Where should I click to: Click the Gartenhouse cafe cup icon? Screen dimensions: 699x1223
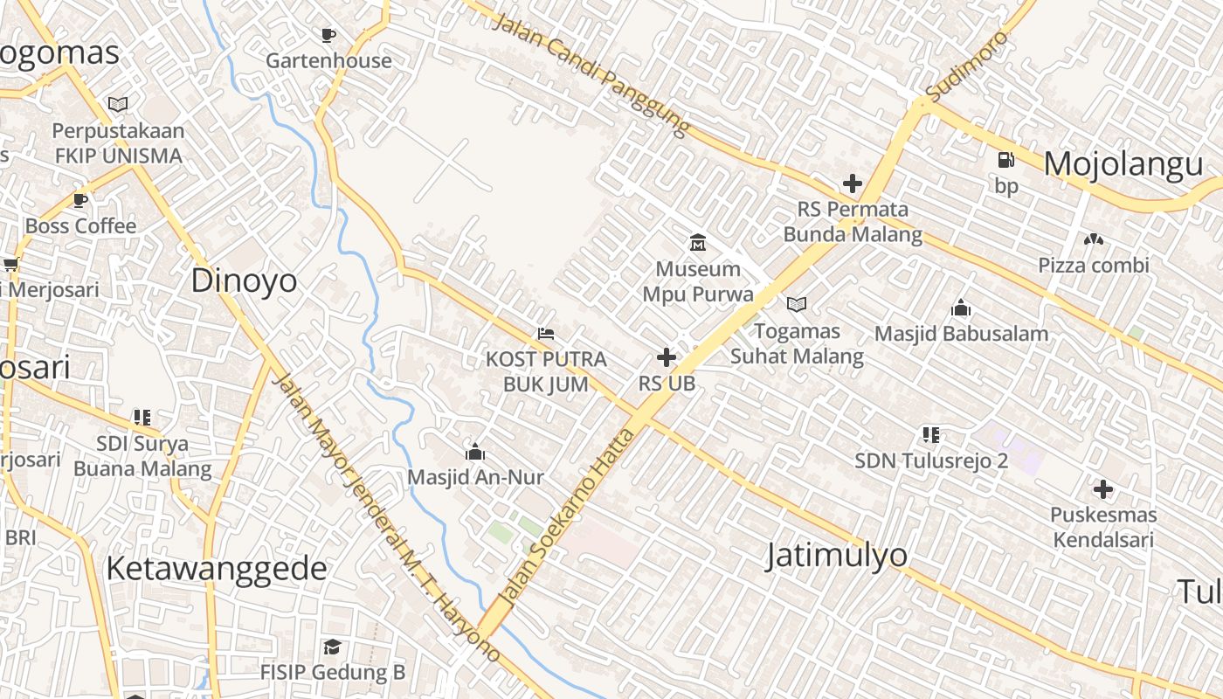pos(328,35)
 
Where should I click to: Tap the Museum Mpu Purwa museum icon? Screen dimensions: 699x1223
pos(698,242)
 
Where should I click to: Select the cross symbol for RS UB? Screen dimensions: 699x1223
pos(667,357)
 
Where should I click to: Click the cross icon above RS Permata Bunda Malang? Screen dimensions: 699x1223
pos(852,183)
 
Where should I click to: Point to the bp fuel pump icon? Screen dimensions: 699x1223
pos(1006,160)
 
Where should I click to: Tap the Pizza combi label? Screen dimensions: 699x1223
pos(1094,265)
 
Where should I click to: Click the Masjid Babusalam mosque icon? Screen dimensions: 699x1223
pos(961,308)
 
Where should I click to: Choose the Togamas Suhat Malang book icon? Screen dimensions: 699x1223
pos(796,304)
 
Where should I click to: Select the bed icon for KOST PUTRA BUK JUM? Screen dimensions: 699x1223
pos(546,333)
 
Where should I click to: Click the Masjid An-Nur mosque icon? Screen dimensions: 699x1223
pos(475,452)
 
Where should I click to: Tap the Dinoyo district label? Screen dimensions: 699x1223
pos(244,280)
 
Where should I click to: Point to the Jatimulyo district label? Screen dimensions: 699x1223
pos(836,556)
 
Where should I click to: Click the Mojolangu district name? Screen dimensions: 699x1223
pos(1123,164)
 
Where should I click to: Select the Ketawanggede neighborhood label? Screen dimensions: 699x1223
pos(217,569)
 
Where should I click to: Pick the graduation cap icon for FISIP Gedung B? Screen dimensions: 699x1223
pos(332,647)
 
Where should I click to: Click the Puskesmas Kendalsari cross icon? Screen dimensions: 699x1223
pos(1103,489)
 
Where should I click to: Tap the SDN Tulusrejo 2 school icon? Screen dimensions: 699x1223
pos(930,434)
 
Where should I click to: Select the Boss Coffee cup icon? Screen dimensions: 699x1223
pos(80,200)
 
